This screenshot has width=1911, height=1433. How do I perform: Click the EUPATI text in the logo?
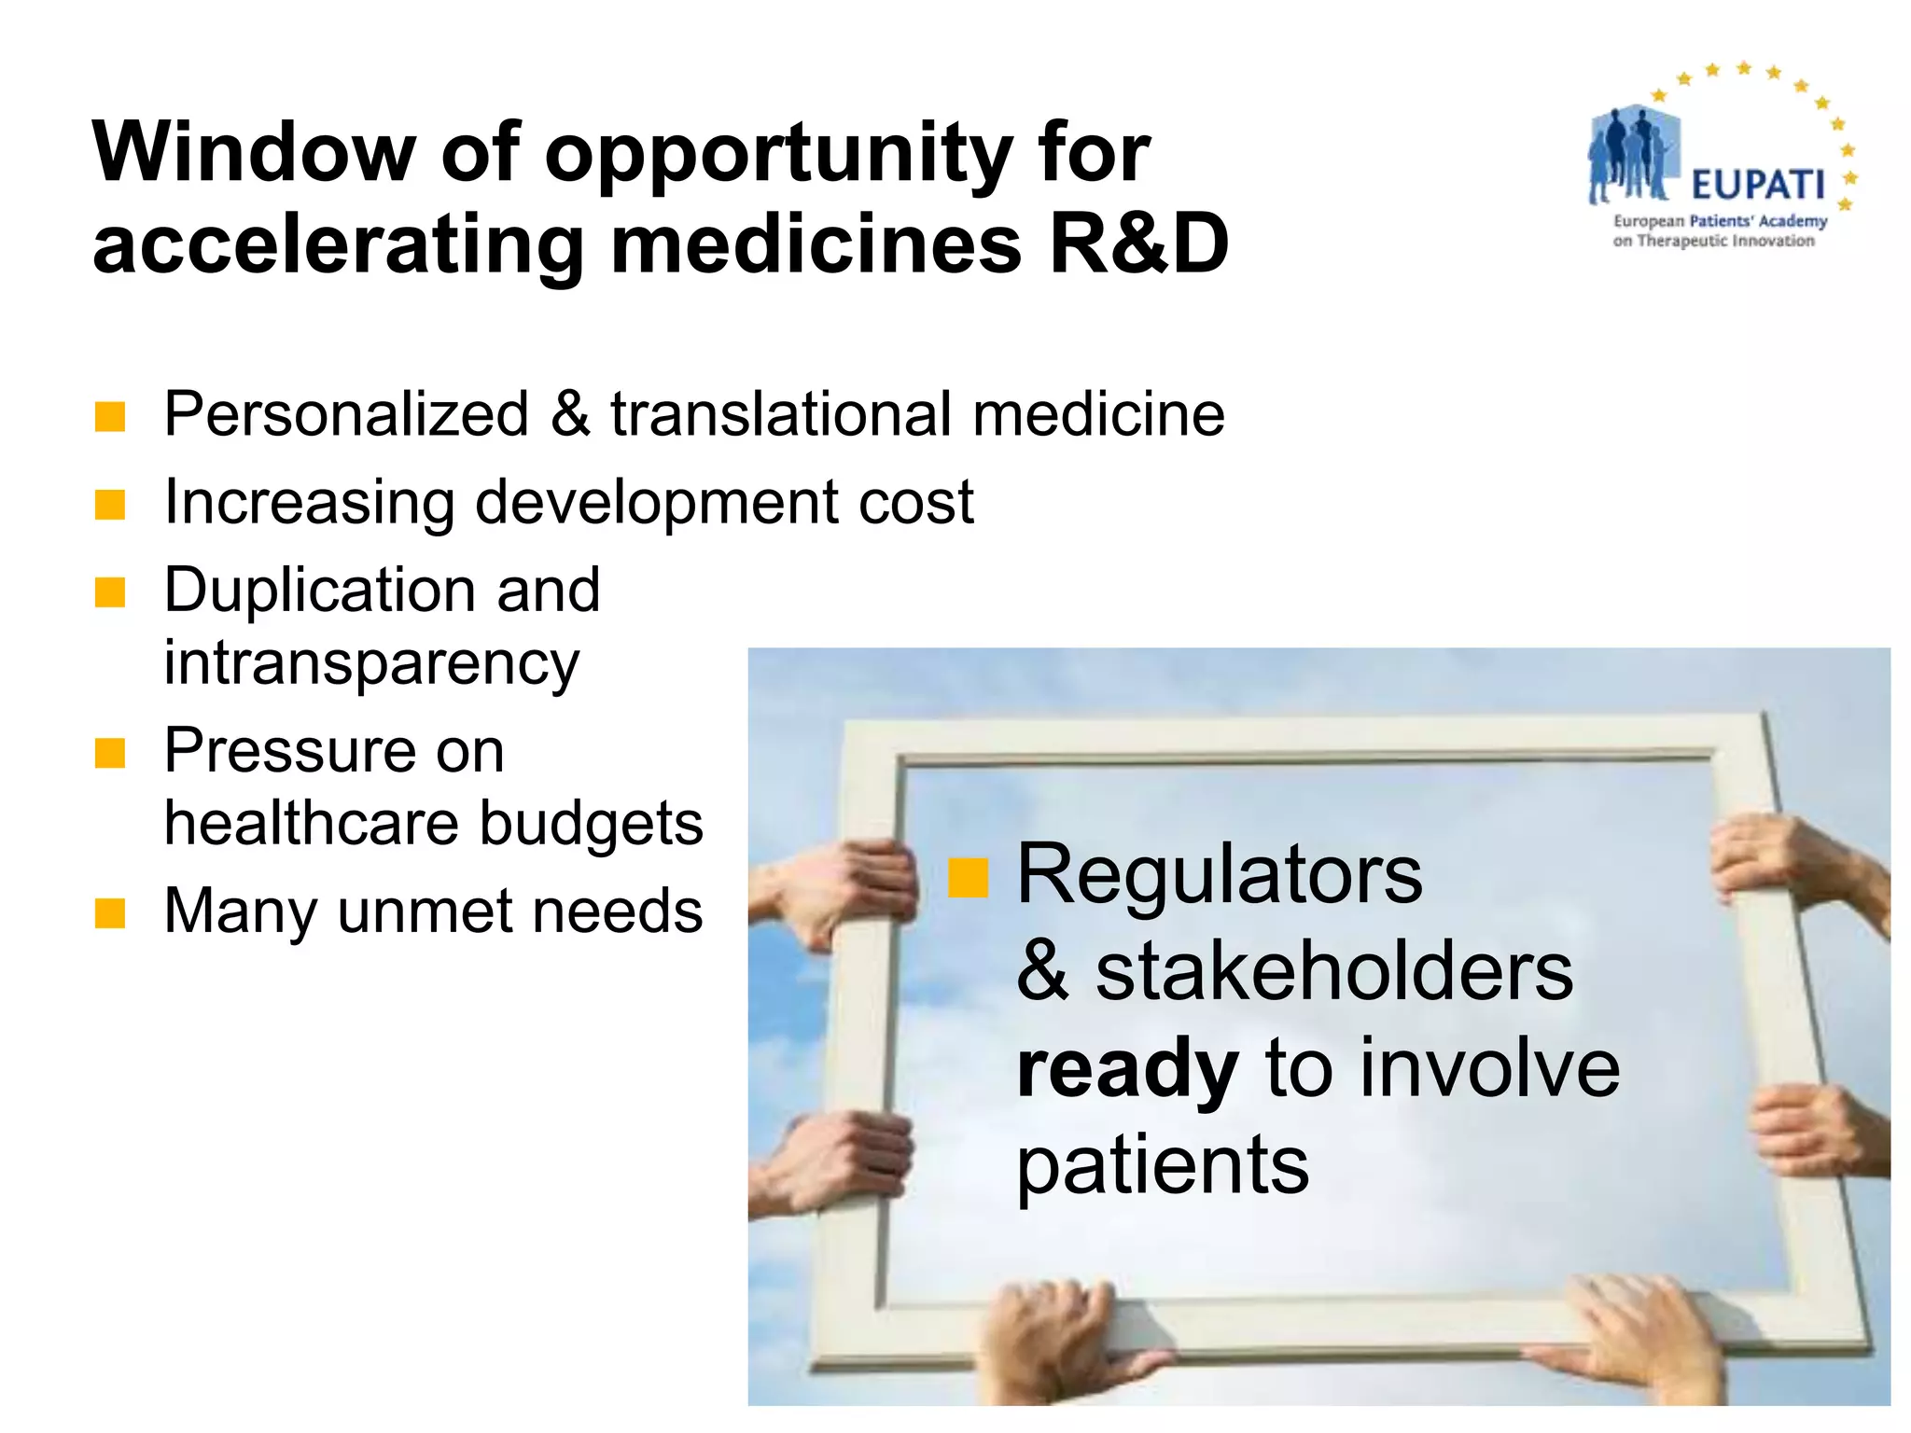click(x=1757, y=186)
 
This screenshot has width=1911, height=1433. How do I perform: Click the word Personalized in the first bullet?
click(x=346, y=414)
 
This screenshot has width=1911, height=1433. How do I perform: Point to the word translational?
click(x=783, y=414)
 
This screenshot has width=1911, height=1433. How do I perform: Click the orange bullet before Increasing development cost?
click(x=110, y=505)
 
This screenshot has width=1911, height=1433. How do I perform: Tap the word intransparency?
click(x=371, y=664)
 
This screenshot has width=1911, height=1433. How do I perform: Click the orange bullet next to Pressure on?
click(x=110, y=753)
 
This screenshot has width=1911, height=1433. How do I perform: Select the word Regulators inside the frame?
click(x=1219, y=874)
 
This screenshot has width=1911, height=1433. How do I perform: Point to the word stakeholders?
click(x=1334, y=972)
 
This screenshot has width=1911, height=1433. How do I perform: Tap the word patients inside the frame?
click(x=1163, y=1166)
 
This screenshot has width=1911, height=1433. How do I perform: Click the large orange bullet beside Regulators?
click(x=968, y=877)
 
